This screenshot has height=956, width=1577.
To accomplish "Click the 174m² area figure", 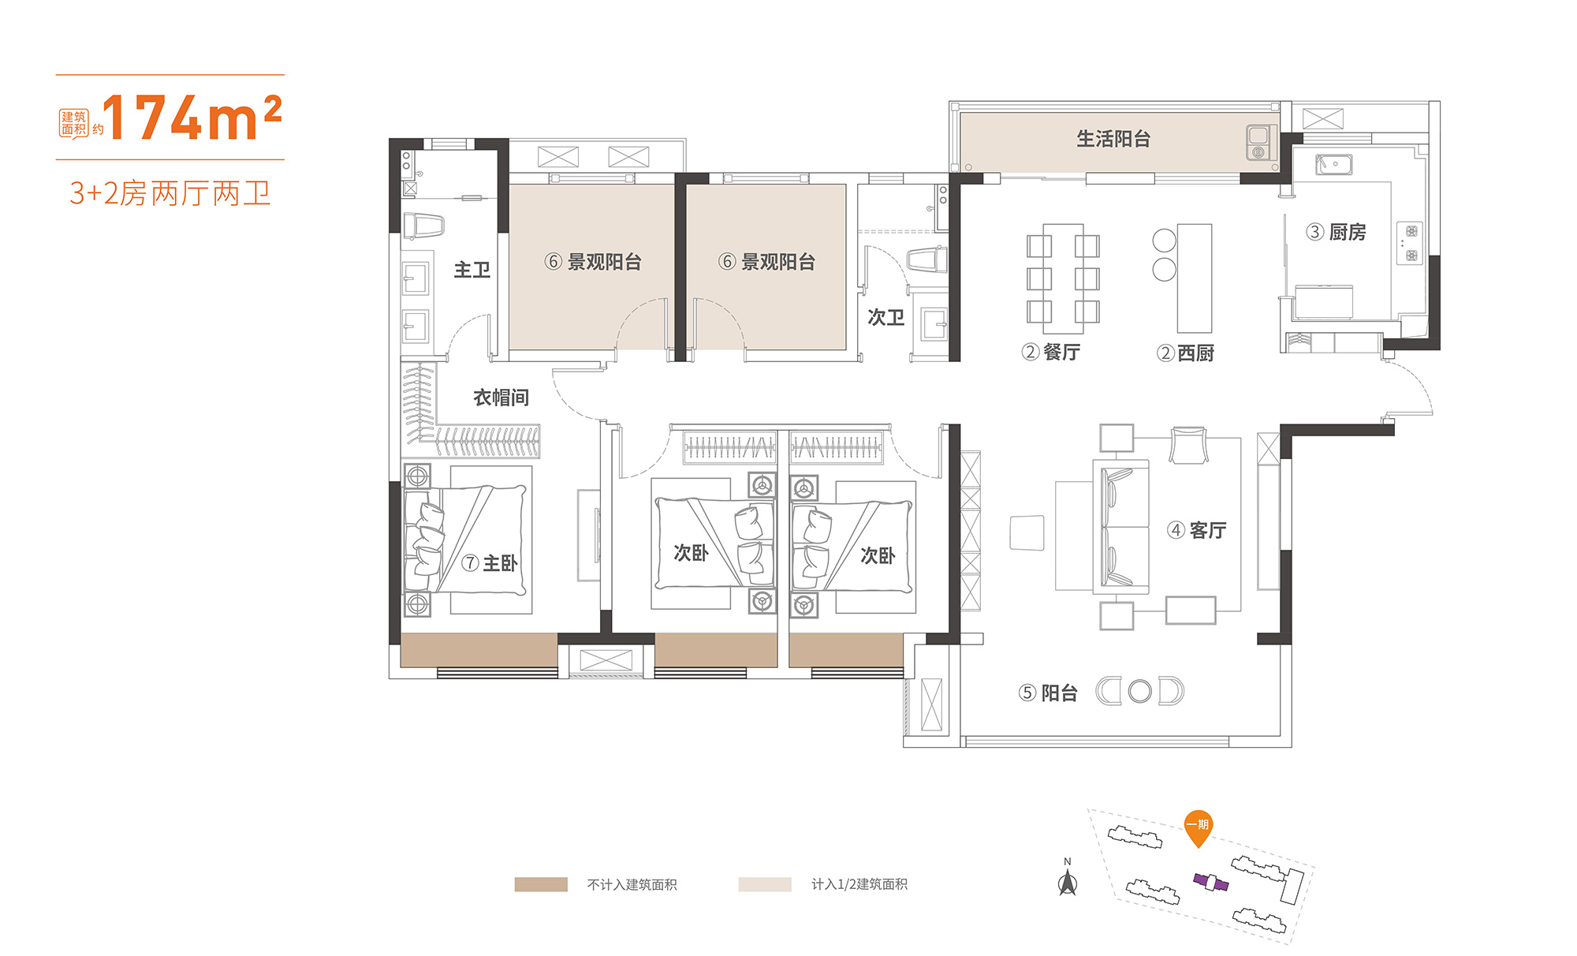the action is pyautogui.click(x=192, y=118).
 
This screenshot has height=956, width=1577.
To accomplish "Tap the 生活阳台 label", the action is pyautogui.click(x=1113, y=139).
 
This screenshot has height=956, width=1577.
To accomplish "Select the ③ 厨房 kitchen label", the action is pyautogui.click(x=1336, y=232).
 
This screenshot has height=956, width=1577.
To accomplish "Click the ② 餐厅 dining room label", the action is pyautogui.click(x=1050, y=352).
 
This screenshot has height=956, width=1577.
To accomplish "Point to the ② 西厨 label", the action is pyautogui.click(x=1185, y=353).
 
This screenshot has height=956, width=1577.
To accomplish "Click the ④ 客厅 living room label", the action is pyautogui.click(x=1196, y=530).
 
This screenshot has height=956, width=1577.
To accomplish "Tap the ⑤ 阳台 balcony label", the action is pyautogui.click(x=1047, y=693).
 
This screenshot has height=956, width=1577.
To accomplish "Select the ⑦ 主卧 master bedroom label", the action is pyautogui.click(x=490, y=563).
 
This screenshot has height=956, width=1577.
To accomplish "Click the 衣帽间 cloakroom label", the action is pyautogui.click(x=501, y=398).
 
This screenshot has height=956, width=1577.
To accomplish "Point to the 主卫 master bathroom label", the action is pyautogui.click(x=472, y=270).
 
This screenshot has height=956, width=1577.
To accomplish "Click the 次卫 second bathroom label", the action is pyautogui.click(x=885, y=317).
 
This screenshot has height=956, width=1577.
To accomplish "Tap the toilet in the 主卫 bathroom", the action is pyautogui.click(x=423, y=226).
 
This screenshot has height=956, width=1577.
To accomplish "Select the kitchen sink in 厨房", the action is pyautogui.click(x=1333, y=164).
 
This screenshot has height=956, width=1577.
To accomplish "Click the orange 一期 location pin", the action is pyautogui.click(x=1199, y=828).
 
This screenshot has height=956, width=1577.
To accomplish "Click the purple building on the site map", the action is pyautogui.click(x=1211, y=882).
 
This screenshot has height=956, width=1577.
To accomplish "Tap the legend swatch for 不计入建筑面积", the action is pyautogui.click(x=541, y=884).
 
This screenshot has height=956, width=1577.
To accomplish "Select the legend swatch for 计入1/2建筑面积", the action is pyautogui.click(x=765, y=884).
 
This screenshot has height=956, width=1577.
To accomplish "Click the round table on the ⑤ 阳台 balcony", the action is pyautogui.click(x=1139, y=692).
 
